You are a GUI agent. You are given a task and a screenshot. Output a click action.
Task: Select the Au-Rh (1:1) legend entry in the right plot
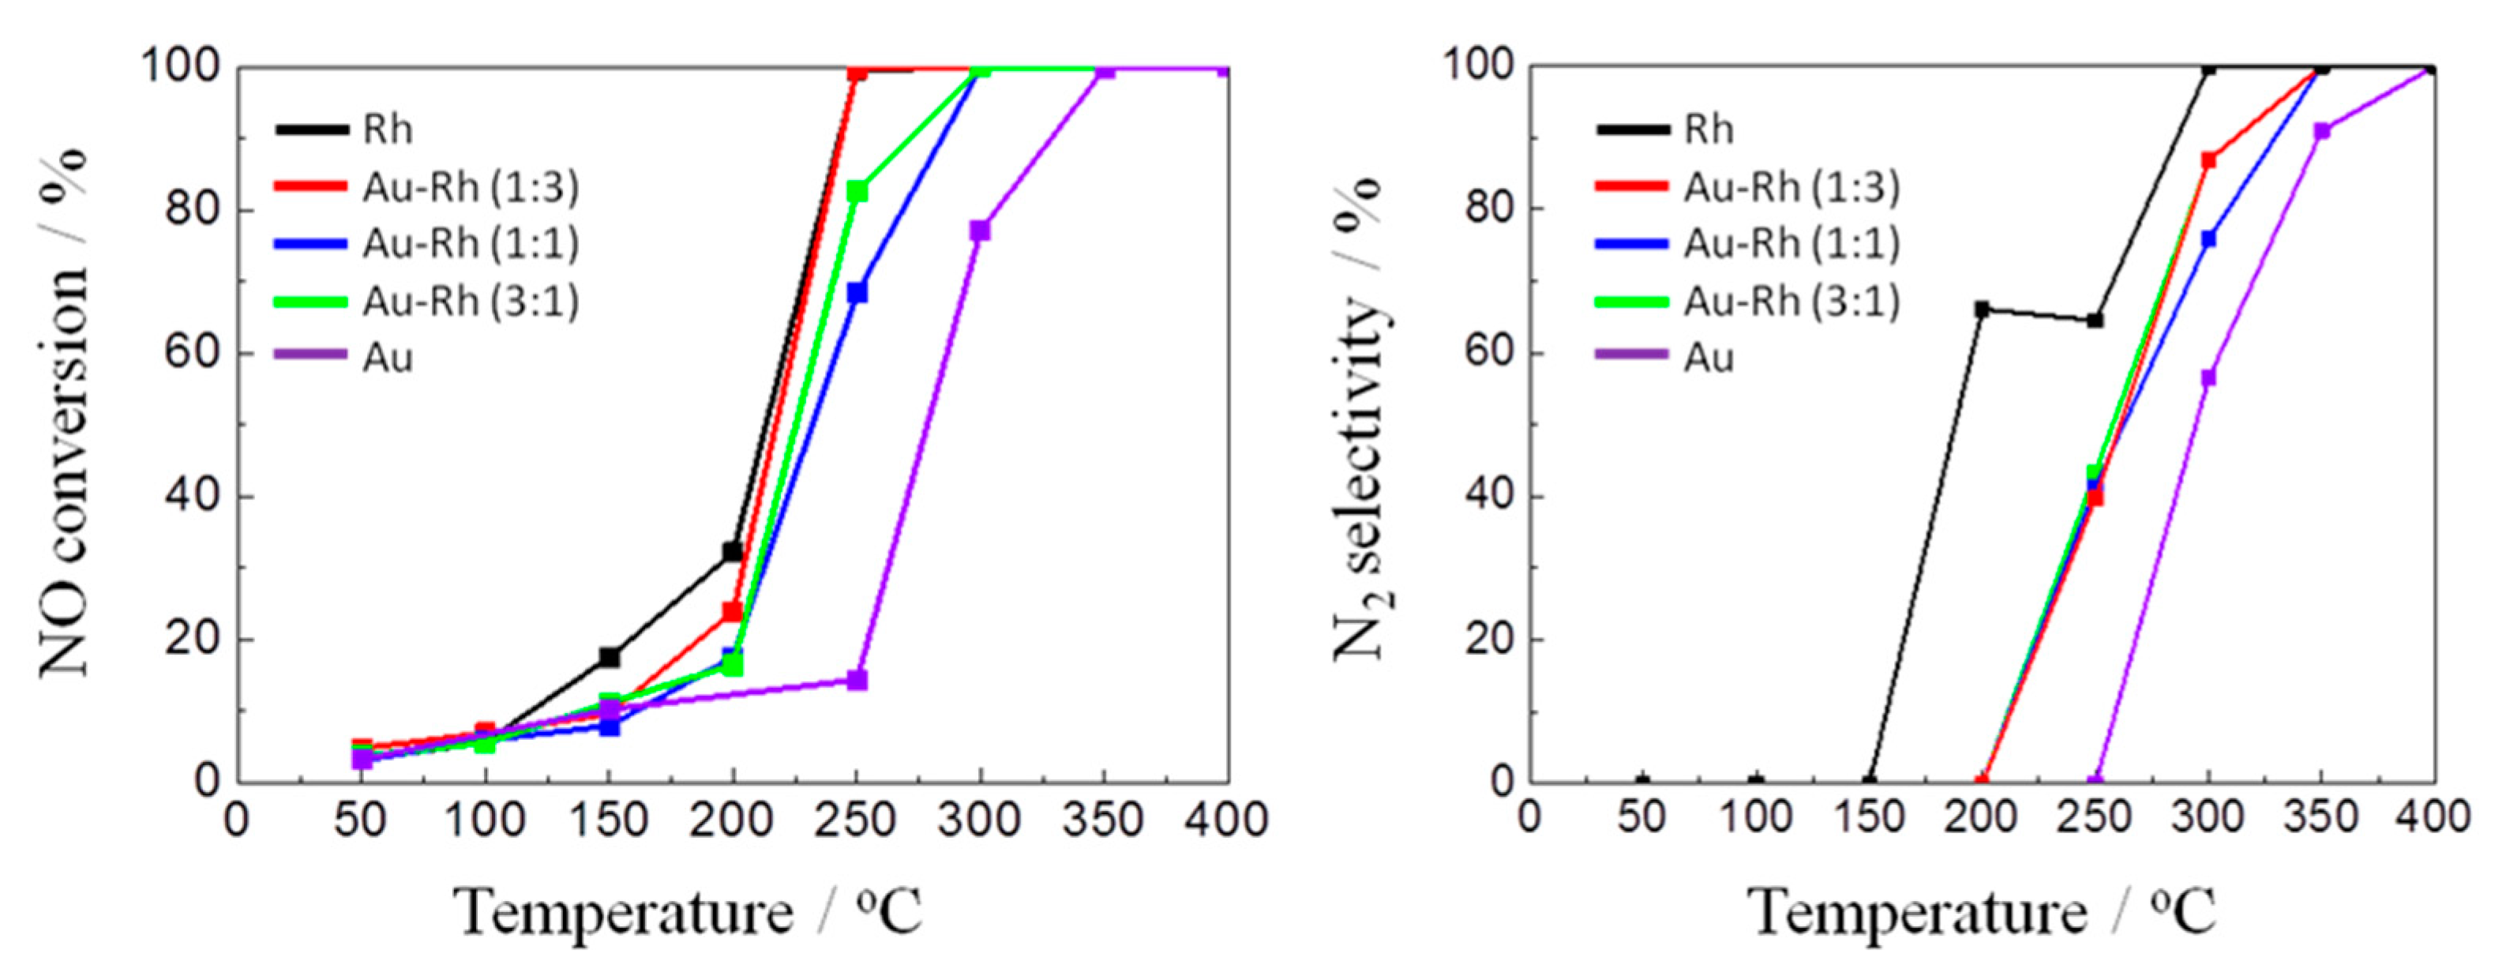pyautogui.click(x=1791, y=243)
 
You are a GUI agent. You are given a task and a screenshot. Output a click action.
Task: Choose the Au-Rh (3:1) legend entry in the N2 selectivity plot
pyautogui.click(x=1791, y=302)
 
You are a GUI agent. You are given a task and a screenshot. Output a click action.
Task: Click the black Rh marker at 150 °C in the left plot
pyautogui.click(x=609, y=657)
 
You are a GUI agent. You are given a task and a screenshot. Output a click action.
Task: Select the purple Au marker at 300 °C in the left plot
pyautogui.click(x=980, y=231)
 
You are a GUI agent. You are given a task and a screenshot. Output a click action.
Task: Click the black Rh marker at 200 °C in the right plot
pyautogui.click(x=1982, y=310)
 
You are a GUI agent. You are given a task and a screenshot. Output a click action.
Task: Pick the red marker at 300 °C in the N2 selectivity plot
pyautogui.click(x=2208, y=160)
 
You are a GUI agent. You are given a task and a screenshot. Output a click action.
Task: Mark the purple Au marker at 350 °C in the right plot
pyautogui.click(x=2322, y=131)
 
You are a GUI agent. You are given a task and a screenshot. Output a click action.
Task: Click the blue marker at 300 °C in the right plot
pyautogui.click(x=2208, y=238)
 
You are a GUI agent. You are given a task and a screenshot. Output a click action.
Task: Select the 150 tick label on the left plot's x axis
pyautogui.click(x=609, y=820)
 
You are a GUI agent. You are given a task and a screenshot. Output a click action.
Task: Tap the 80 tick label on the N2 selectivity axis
pyautogui.click(x=1487, y=210)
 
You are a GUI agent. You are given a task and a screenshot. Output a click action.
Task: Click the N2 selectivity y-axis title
pyautogui.click(x=1360, y=419)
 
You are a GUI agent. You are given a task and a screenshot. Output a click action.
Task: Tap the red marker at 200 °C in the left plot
pyautogui.click(x=733, y=612)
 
